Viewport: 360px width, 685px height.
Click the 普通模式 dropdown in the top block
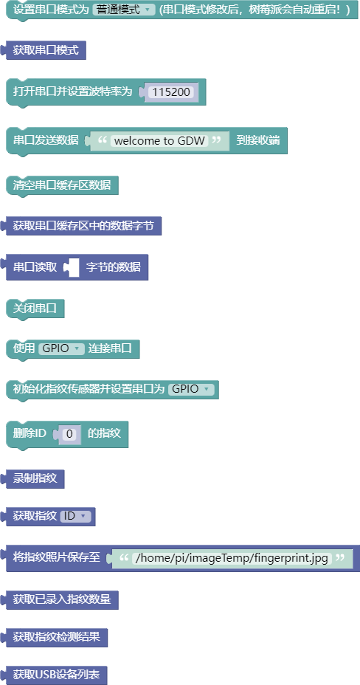tap(124, 10)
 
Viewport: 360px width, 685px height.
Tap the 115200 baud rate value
tap(170, 92)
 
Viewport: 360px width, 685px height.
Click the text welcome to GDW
tap(159, 141)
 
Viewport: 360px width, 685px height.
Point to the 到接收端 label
tap(258, 141)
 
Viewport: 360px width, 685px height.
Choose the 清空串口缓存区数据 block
tap(62, 185)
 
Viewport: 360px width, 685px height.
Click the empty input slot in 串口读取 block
tap(73, 267)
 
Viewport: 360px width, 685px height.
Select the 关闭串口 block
tap(35, 309)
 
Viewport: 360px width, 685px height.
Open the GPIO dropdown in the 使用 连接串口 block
tap(61, 348)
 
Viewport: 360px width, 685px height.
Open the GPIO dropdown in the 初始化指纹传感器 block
tap(191, 389)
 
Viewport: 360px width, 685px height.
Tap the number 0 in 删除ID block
tap(69, 434)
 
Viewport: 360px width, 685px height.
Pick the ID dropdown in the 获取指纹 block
tap(75, 516)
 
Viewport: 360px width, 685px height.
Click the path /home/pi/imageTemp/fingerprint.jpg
tap(232, 558)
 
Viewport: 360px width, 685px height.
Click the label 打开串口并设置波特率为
tap(73, 92)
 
